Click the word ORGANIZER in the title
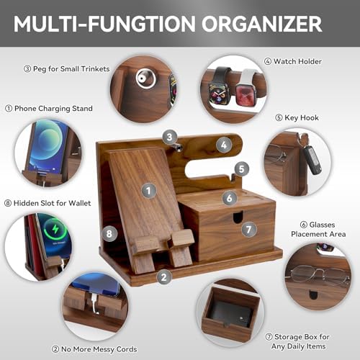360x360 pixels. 261,24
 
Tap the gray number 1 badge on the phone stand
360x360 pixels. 149,191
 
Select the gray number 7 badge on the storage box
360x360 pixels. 249,230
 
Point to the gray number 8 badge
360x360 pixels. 109,233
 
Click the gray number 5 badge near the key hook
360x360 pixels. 241,169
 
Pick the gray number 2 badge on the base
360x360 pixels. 164,277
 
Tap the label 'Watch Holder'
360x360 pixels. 297,61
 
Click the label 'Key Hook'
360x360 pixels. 302,117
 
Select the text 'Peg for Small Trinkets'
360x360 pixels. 71,69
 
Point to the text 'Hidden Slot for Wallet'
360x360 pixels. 52,203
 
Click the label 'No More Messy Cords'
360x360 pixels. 99,349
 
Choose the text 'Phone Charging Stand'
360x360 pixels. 53,109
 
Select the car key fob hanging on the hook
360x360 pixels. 312,158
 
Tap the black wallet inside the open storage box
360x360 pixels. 232,313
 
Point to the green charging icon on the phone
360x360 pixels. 55,229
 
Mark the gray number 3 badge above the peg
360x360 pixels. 169,137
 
